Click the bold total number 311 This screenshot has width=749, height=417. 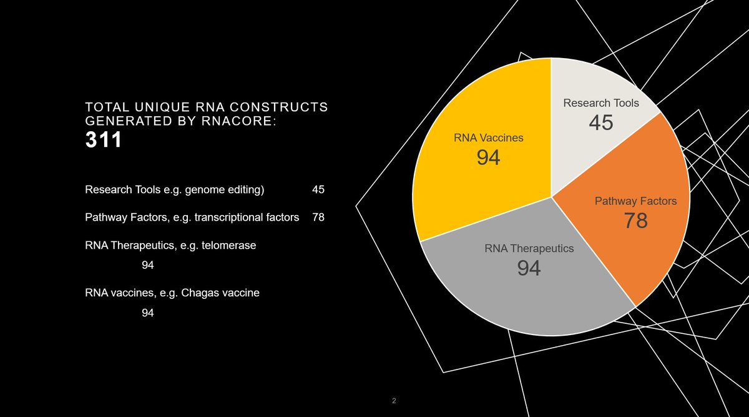(x=104, y=141)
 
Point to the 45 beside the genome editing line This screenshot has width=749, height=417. (x=318, y=189)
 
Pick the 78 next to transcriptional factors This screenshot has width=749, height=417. (x=318, y=218)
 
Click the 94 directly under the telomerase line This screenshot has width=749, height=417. (x=148, y=266)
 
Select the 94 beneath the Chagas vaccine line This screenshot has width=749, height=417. (x=148, y=313)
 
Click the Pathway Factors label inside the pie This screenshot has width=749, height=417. (x=635, y=201)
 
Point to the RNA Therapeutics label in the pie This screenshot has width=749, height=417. (x=529, y=249)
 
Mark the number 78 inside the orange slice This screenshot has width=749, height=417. (x=635, y=221)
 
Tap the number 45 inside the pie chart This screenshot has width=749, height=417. (x=600, y=123)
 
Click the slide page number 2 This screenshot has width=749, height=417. (x=394, y=401)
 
